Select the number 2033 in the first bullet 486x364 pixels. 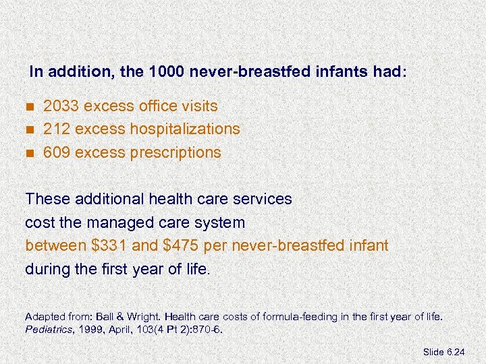tap(57, 106)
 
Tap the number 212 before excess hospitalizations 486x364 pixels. tap(55, 129)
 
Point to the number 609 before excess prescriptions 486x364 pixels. tap(57, 152)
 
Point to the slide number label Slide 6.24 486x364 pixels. tap(452, 352)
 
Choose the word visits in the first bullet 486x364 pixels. tap(199, 106)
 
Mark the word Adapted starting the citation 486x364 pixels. tap(43, 315)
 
